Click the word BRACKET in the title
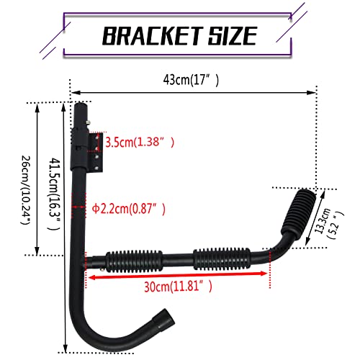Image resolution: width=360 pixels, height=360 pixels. click(x=143, y=35)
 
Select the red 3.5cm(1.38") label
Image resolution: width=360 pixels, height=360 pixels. click(x=140, y=142)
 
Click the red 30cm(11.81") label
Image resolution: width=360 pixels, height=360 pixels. click(x=178, y=286)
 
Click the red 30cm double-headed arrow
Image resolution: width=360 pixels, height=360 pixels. click(x=178, y=274)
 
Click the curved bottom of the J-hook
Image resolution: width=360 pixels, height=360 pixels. click(x=101, y=339)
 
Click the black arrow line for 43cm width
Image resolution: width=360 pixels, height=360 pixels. click(x=194, y=91)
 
